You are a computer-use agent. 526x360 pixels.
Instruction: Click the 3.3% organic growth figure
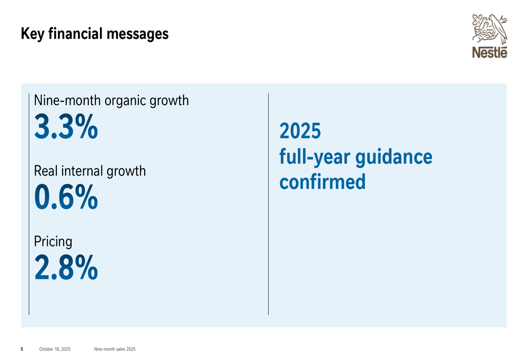click(66, 127)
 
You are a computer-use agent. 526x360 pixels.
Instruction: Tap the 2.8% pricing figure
click(66, 268)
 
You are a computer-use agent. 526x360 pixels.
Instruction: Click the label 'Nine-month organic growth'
click(111, 100)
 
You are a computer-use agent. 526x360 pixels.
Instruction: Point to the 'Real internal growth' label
click(89, 171)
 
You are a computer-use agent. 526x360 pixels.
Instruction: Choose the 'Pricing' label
click(53, 242)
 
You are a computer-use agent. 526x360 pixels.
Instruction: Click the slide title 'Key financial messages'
click(95, 34)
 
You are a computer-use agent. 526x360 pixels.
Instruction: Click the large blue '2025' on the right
click(300, 131)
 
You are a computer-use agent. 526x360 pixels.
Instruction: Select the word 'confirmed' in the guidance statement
click(322, 182)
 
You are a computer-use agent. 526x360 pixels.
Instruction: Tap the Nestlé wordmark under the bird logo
click(490, 53)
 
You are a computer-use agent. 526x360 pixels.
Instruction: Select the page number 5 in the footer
click(22, 349)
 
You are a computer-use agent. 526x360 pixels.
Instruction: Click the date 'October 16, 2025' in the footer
click(55, 349)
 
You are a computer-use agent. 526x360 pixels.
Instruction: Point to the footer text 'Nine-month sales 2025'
click(115, 349)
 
